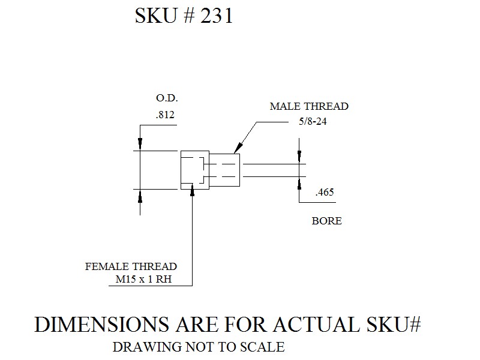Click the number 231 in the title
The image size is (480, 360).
[217, 16]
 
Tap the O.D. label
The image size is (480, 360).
[167, 98]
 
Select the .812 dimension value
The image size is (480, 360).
[165, 115]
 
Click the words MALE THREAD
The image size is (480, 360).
[309, 106]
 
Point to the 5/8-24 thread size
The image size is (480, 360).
[313, 121]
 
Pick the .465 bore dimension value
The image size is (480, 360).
[325, 192]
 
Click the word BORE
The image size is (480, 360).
[326, 221]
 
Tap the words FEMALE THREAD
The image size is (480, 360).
[131, 266]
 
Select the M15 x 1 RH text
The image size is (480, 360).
[143, 279]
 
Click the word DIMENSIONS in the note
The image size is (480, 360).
[101, 324]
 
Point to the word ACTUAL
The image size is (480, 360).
[316, 324]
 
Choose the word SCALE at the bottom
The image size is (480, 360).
[262, 347]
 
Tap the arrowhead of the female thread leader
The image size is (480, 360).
[192, 190]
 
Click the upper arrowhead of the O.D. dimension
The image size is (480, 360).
[140, 145]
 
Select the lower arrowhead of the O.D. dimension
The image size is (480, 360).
[140, 196]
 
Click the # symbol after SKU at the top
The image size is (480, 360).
[189, 16]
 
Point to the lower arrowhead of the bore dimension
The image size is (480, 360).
[299, 184]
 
